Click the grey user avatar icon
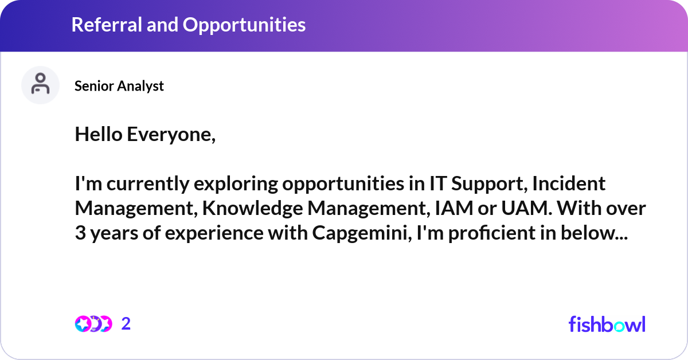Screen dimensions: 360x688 (40, 85)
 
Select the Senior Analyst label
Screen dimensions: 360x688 (119, 86)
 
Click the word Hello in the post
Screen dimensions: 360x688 (98, 135)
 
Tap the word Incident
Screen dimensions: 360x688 (568, 184)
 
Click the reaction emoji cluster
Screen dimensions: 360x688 (93, 324)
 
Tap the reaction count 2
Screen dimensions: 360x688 (126, 324)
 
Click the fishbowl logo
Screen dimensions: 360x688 (607, 324)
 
